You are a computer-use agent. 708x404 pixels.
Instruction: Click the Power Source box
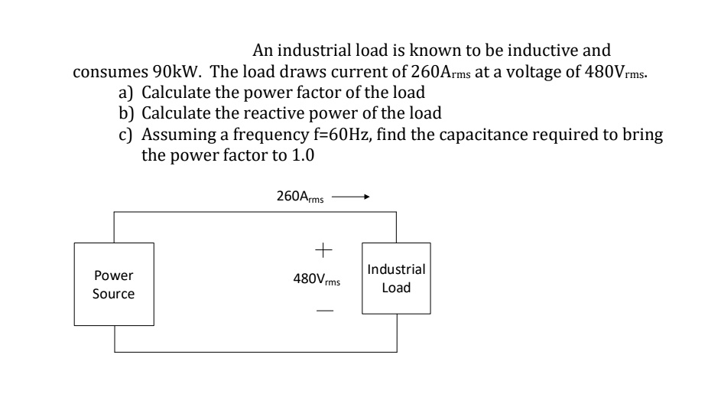pyautogui.click(x=113, y=285)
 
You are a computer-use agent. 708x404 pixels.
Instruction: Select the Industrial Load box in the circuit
pyautogui.click(x=396, y=279)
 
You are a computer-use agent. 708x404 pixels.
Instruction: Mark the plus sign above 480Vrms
pyautogui.click(x=323, y=249)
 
